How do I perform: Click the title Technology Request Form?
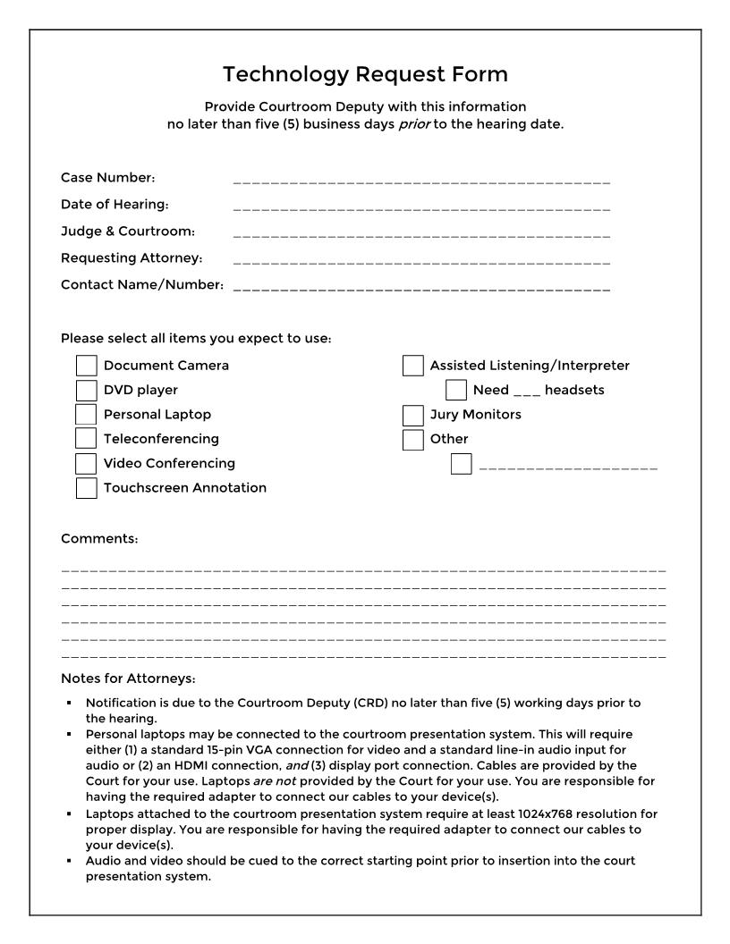pyautogui.click(x=365, y=73)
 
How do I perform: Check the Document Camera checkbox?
pyautogui.click(x=87, y=366)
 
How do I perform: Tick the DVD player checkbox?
pyautogui.click(x=87, y=390)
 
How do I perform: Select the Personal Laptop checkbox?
pyautogui.click(x=87, y=415)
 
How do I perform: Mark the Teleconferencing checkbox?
pyautogui.click(x=87, y=439)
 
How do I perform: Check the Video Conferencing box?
pyautogui.click(x=87, y=463)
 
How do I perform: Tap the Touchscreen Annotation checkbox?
pyautogui.click(x=87, y=488)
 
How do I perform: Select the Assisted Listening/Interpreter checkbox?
pyautogui.click(x=413, y=366)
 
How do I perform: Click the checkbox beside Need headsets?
pyautogui.click(x=456, y=390)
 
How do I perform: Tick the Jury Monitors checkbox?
pyautogui.click(x=413, y=415)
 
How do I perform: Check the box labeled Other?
pyautogui.click(x=413, y=439)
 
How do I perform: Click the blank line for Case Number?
pyautogui.click(x=421, y=180)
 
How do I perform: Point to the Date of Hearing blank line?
pyautogui.click(x=421, y=207)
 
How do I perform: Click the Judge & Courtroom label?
pyautogui.click(x=128, y=232)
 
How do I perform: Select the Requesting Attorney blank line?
pyautogui.click(x=421, y=262)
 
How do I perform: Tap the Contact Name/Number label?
pyautogui.click(x=142, y=285)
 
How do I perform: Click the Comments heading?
pyautogui.click(x=99, y=539)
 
